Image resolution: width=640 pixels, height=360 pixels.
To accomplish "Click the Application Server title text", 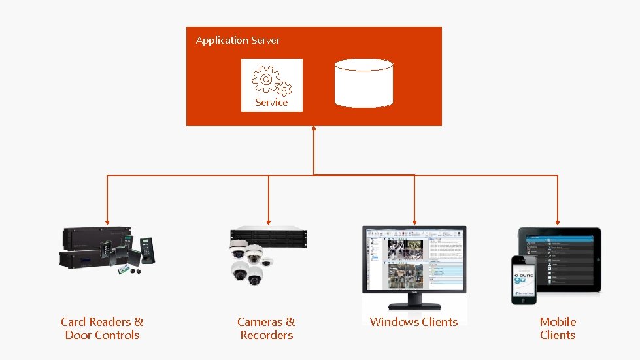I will tap(238, 41).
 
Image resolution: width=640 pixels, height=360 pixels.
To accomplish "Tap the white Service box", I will tap(271, 85).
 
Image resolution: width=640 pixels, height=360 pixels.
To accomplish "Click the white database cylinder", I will tap(363, 83).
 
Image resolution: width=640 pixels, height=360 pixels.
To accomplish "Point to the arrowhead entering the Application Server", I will tap(314, 129).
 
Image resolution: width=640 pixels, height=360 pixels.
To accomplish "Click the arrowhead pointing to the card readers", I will tap(107, 221).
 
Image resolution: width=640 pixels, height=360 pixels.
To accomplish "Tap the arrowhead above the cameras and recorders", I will tap(268, 221).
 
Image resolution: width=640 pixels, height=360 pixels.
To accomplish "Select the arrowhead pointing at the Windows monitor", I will tap(414, 221).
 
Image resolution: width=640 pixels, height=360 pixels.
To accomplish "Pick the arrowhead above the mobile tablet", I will tap(558, 221).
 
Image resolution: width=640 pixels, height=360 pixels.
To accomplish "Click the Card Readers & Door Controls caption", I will tap(102, 329).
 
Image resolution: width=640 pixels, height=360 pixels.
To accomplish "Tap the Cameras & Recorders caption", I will tap(266, 329).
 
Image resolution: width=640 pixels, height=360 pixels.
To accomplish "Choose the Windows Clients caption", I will tap(414, 321).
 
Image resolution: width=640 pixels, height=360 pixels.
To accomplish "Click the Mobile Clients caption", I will tap(558, 329).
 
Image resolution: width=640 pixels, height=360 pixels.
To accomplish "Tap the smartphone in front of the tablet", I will tap(524, 280).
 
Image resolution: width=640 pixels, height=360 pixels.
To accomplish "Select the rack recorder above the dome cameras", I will tap(268, 236).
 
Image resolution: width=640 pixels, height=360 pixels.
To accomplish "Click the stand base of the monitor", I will tap(414, 304).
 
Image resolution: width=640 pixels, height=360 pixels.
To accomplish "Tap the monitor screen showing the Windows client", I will tap(414, 261).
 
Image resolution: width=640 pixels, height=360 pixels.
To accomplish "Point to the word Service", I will tap(271, 103).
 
